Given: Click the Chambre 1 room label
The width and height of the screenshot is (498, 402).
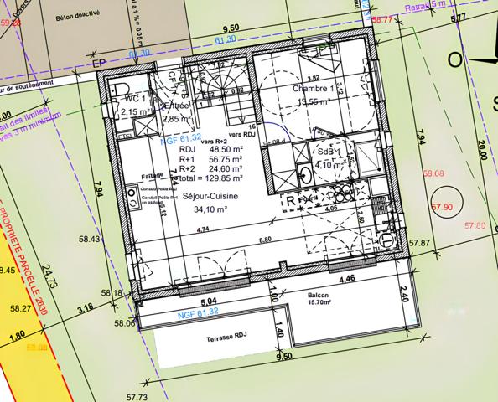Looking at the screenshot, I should pos(314,88).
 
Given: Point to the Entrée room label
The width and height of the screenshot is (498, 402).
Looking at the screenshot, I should pos(177,106).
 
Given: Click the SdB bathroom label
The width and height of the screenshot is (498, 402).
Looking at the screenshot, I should pos(325,151).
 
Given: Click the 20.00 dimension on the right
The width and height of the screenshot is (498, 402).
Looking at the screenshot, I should pos(480,155).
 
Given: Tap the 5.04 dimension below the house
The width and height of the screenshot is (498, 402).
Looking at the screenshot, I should pos(210,299).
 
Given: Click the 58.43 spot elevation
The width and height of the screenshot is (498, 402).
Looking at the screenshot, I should pos(90,240).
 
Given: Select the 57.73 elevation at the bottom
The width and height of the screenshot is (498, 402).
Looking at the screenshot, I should pos(137,396).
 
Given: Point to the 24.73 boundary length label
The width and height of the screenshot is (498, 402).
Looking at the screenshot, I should pos(47,276).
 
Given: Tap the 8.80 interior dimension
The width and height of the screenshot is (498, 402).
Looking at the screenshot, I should pos(265,240).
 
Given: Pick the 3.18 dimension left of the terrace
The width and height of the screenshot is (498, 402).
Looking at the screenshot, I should pos(85,308).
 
